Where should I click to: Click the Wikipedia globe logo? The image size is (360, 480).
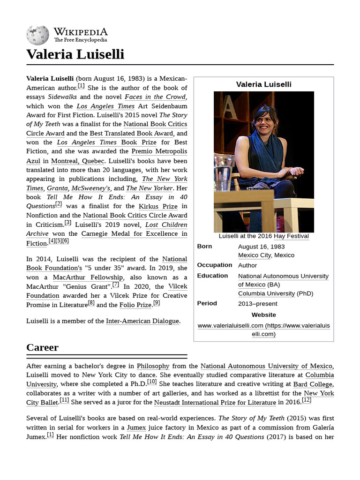pos(37,35)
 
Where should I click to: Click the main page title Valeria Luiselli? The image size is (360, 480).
pos(75,54)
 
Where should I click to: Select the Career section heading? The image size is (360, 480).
pos(42,347)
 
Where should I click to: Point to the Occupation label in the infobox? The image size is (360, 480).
pos(214,265)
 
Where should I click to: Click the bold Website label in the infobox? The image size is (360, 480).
pos(263,315)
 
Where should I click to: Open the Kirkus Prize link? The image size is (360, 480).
pos(158,206)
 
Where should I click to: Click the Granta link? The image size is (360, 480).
pos(57,188)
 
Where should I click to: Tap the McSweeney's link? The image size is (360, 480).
pos(91,188)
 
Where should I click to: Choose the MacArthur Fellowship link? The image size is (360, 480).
pos(88,277)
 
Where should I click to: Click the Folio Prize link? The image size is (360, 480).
pos(135,305)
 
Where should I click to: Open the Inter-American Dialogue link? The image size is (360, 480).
pos(142,321)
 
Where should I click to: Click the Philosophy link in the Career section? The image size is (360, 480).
pos(153,366)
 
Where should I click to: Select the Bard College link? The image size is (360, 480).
pos(313,384)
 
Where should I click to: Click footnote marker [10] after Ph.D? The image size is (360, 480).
pos(152,382)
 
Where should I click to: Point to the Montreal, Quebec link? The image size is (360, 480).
pos(78,161)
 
